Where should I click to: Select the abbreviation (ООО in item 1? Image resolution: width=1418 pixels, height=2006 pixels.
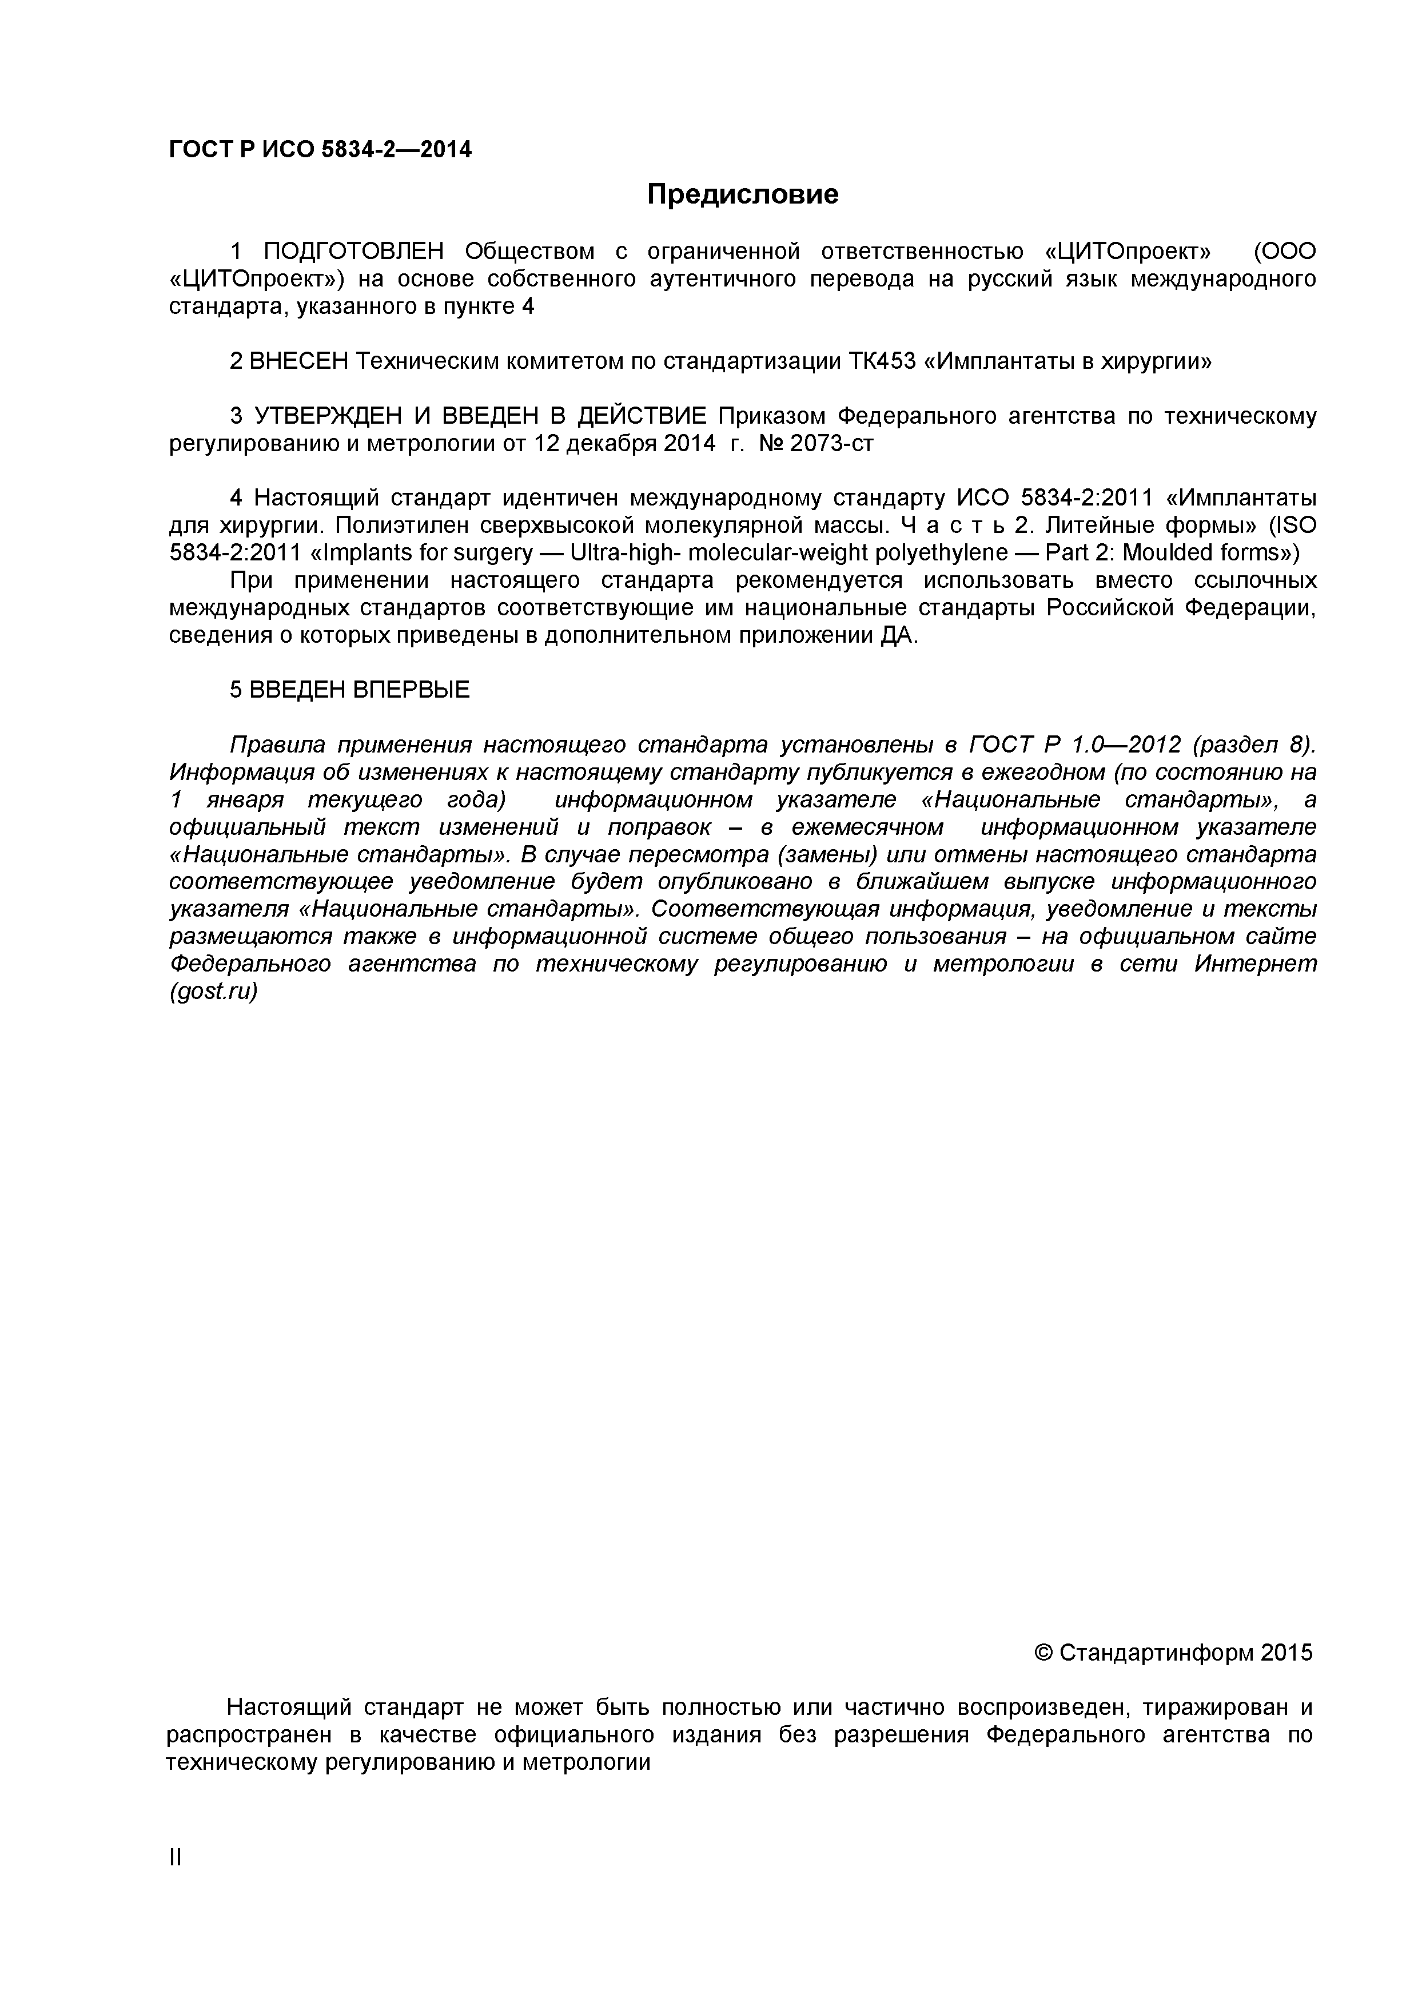[x=1284, y=252]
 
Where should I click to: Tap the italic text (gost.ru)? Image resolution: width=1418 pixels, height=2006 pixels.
[x=213, y=993]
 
